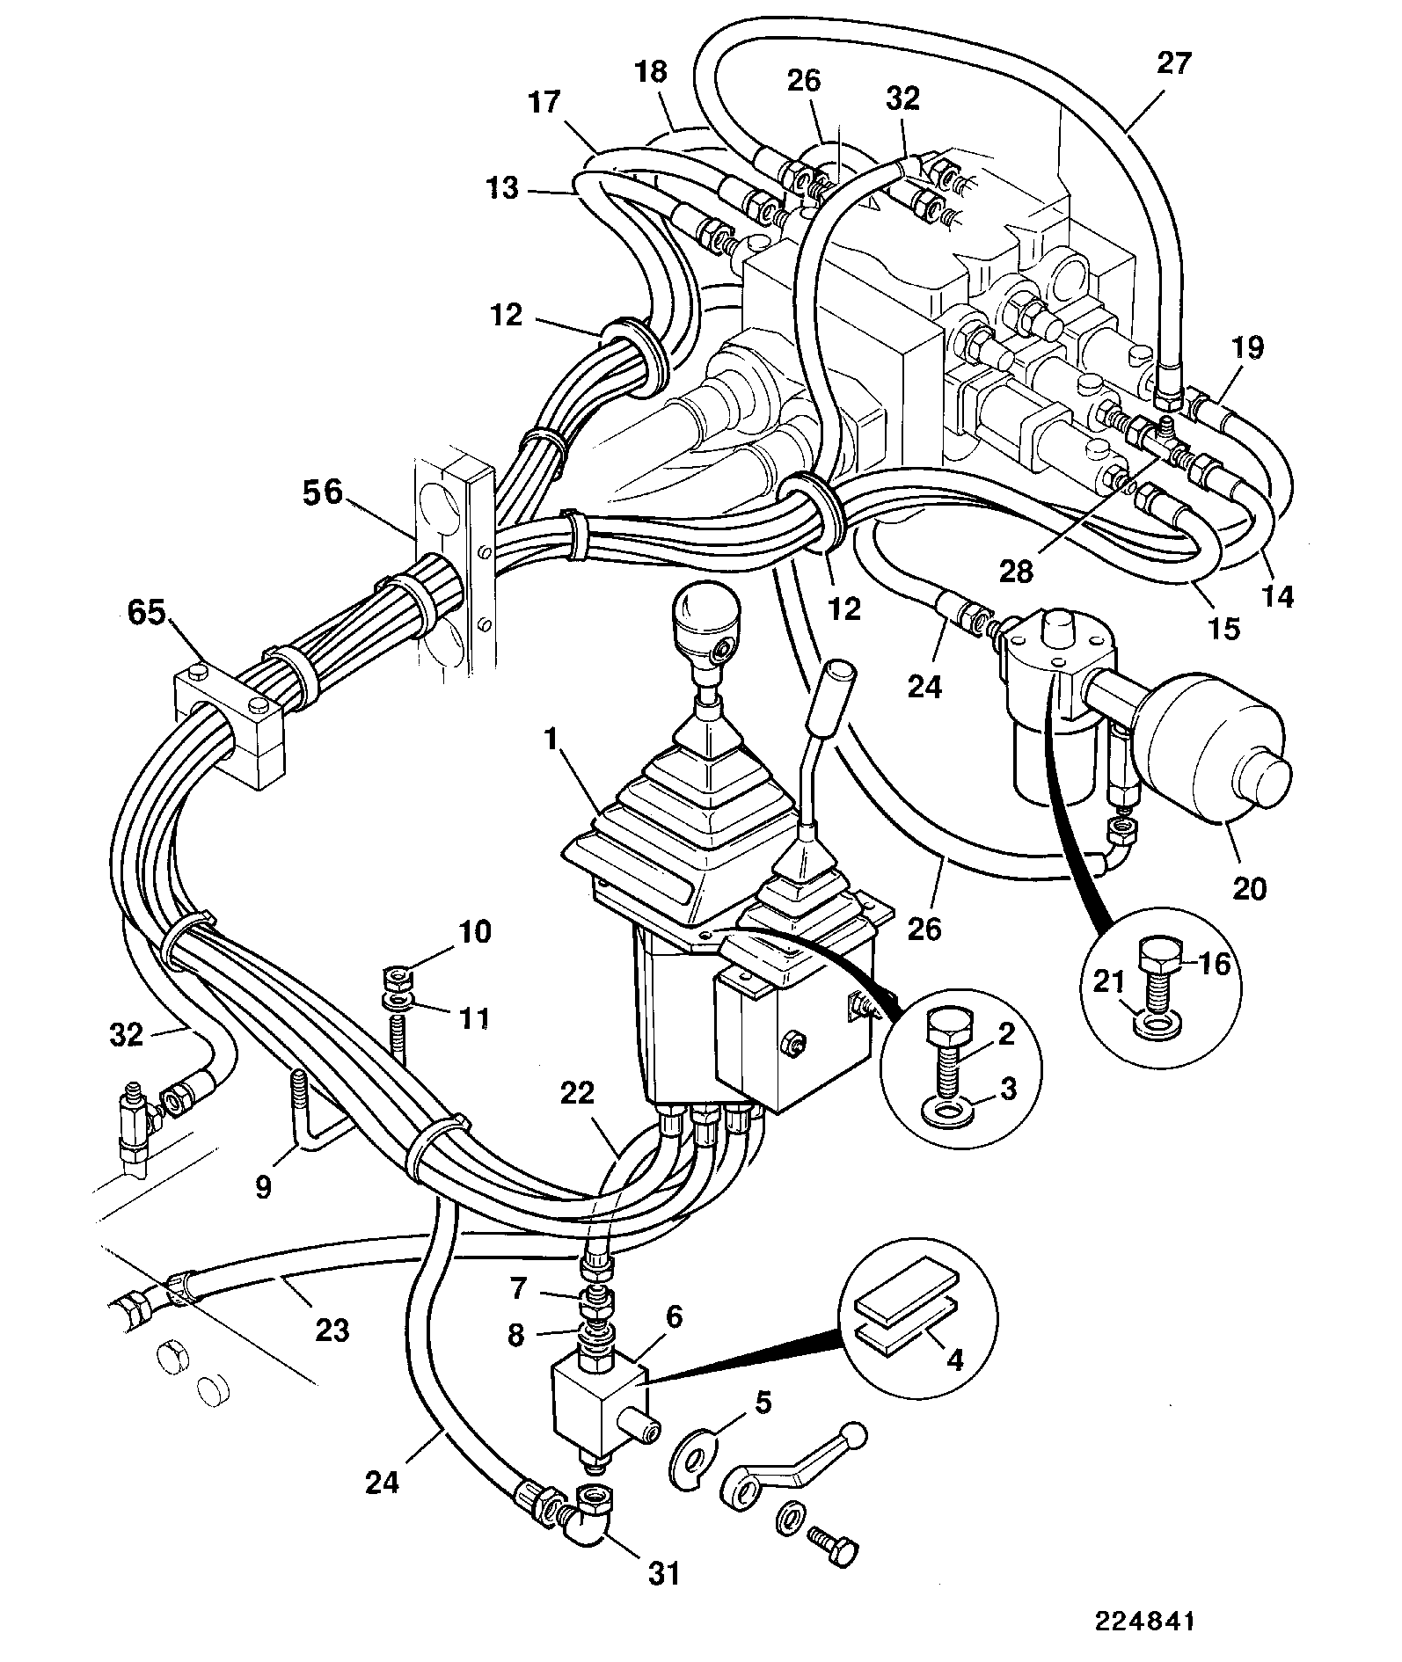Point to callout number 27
pos(1174,63)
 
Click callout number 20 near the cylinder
pos(1250,888)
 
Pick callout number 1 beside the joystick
pos(551,739)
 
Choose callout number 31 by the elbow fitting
pos(664,1572)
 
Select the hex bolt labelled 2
pos(949,1044)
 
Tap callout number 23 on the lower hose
pos(332,1330)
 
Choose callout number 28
pos(1018,572)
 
